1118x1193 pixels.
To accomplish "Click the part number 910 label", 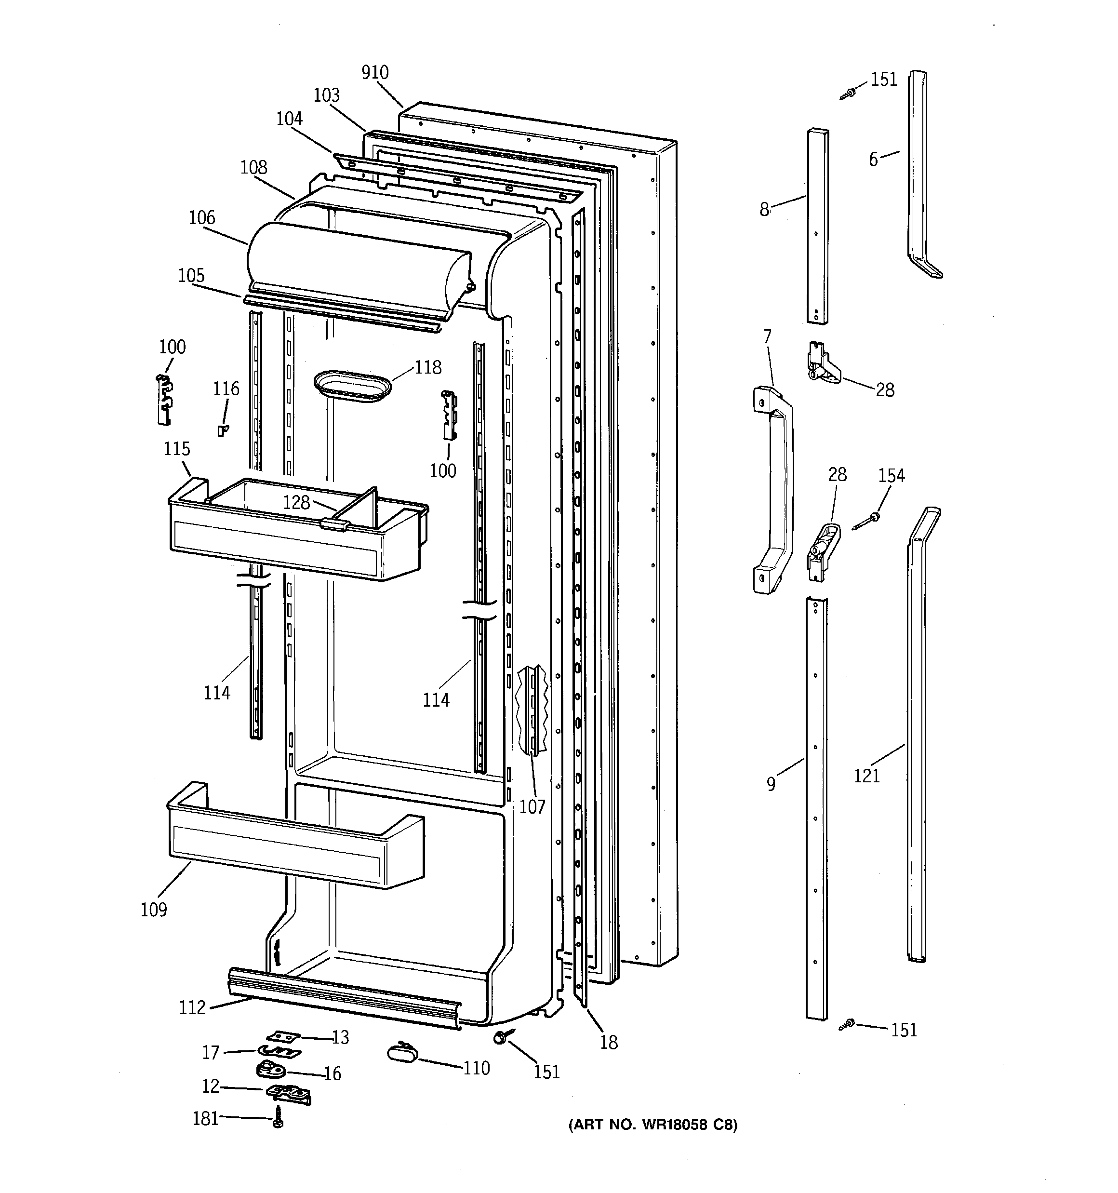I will click(374, 73).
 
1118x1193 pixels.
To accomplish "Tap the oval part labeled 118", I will click(352, 385).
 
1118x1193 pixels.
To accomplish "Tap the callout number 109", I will click(154, 910).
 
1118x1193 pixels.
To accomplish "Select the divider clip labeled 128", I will click(335, 524).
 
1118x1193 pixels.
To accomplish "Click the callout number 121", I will click(866, 776).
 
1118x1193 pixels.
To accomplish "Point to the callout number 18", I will click(609, 1043).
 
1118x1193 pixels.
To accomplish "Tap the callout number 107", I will click(532, 806).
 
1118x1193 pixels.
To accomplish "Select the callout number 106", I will click(201, 217).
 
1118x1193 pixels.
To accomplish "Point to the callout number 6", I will click(873, 159).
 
